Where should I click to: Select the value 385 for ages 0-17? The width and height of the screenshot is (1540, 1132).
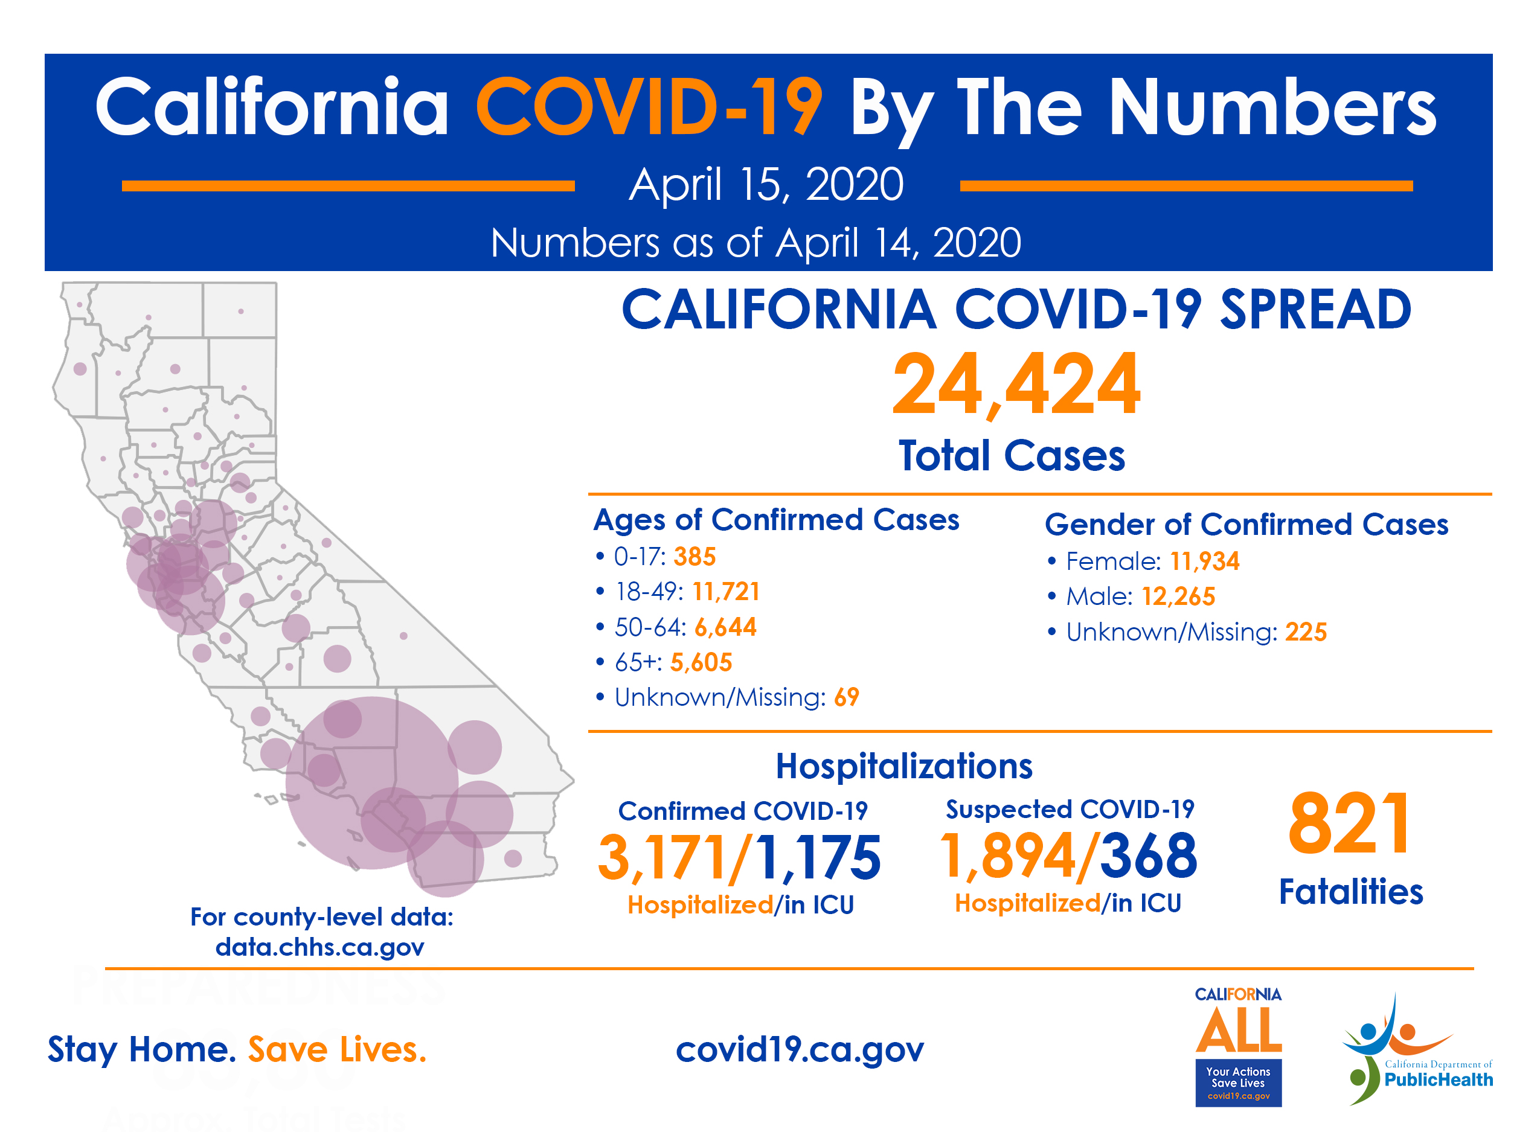point(695,557)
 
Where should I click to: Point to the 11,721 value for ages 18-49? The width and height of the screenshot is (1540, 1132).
point(726,591)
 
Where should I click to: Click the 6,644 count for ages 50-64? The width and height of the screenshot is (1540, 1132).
point(725,627)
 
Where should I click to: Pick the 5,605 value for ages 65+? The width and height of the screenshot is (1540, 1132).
point(701,662)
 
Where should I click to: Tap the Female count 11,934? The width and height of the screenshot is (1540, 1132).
point(1204,561)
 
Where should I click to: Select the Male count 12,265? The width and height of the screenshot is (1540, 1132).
point(1178,596)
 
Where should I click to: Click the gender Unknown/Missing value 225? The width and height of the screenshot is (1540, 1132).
point(1305,632)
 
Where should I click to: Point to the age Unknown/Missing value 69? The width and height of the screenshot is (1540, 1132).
point(847,697)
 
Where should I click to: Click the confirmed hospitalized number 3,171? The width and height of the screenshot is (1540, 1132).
point(661,857)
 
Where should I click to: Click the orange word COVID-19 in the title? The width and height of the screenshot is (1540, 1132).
point(649,107)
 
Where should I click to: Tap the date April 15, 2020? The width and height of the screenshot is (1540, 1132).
point(766,184)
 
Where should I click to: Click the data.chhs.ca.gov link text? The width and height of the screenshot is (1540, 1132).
point(319,947)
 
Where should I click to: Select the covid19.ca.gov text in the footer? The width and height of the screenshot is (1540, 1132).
point(799,1049)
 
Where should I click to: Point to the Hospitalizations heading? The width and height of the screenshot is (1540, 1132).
point(903,766)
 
